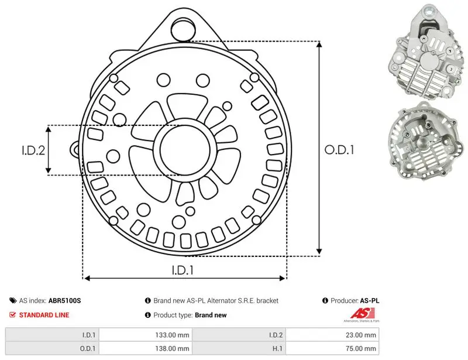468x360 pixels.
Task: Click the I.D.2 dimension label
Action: point(33,150)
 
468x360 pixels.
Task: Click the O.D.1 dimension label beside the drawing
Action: point(339,150)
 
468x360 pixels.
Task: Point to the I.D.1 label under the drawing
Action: point(183,270)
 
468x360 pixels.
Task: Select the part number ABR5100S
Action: point(64,300)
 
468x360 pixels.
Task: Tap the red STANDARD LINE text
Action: point(44,315)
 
